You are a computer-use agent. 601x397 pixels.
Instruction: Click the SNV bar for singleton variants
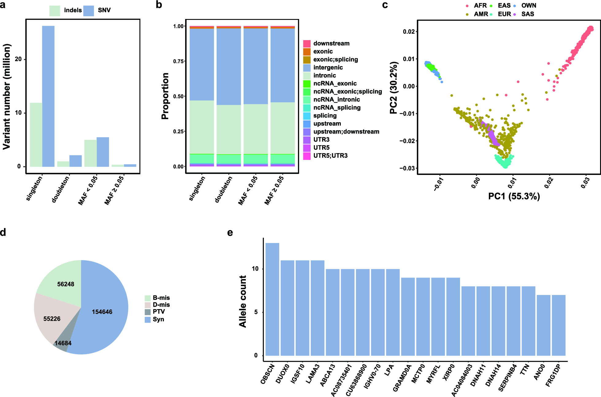click(x=48, y=96)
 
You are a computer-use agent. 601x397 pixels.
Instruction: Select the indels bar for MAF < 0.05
click(x=90, y=153)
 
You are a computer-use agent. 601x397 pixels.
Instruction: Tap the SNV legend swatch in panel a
click(x=89, y=10)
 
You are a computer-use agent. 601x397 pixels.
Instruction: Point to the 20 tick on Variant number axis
click(x=19, y=59)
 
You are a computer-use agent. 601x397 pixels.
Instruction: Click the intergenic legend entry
click(x=328, y=67)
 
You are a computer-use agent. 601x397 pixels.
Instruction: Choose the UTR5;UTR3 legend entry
click(x=330, y=156)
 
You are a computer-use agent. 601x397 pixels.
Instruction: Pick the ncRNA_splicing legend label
click(x=337, y=108)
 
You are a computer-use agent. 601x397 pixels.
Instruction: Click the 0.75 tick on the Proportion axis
click(x=178, y=61)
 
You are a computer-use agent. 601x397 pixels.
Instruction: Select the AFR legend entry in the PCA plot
click(x=480, y=6)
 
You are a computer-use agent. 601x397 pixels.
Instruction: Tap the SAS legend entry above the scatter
click(x=527, y=14)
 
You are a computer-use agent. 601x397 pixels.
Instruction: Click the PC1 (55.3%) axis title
click(x=514, y=196)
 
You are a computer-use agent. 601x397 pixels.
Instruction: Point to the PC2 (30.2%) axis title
click(x=394, y=88)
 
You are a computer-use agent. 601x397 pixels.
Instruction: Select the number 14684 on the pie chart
click(x=63, y=343)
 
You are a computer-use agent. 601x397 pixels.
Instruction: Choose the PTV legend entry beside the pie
click(x=159, y=312)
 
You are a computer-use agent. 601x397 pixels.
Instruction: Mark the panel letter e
click(x=230, y=233)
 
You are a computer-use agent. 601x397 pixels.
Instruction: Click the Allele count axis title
click(x=243, y=301)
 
